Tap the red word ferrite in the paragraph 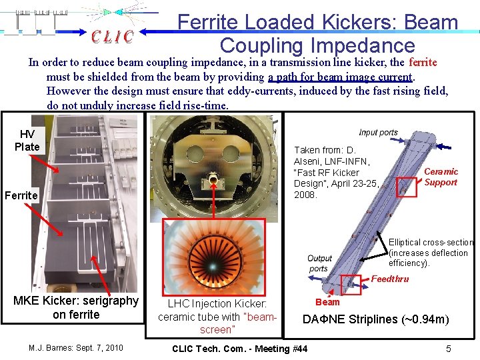[x=423, y=63]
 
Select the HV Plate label [x=27, y=141]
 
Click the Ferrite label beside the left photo [x=21, y=195]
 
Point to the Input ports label [x=378, y=133]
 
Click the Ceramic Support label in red [x=441, y=177]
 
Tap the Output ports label [x=319, y=263]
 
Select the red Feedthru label [x=390, y=279]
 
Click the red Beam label [x=327, y=302]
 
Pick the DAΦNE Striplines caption [x=376, y=319]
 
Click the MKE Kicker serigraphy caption [x=76, y=307]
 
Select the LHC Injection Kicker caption [x=217, y=316]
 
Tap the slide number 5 [x=449, y=349]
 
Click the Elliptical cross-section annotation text [x=431, y=253]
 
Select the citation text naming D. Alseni [x=336, y=172]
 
